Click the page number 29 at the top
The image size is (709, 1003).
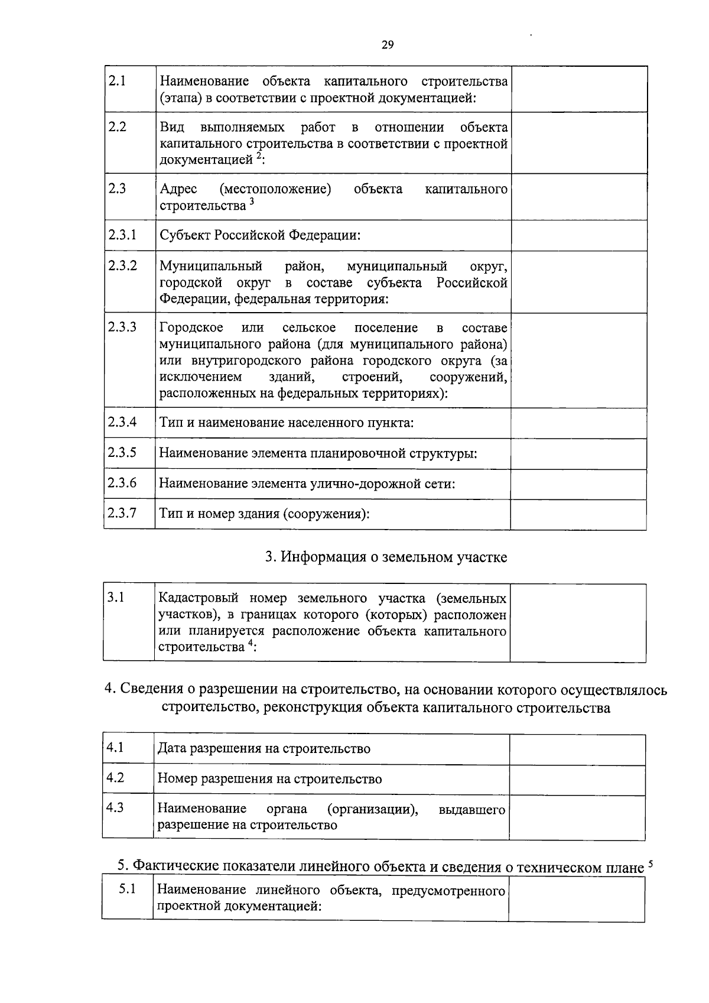388,46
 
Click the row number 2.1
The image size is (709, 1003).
118,81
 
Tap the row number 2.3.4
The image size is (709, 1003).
122,422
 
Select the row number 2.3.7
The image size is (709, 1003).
122,512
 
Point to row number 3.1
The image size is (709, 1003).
116,598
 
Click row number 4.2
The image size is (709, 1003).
115,778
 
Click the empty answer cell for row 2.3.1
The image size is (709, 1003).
578,235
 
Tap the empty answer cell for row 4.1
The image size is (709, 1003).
577,749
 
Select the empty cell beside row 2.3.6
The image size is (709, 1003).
578,484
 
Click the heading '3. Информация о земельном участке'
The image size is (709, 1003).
385,557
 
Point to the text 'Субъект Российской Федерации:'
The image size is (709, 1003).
260,235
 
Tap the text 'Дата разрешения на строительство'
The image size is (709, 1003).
264,749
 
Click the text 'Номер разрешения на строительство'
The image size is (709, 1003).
270,779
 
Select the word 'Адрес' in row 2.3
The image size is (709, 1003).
178,189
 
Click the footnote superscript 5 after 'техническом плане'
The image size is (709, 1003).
650,864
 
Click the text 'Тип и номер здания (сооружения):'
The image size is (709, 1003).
264,513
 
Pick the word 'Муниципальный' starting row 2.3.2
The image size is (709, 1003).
211,267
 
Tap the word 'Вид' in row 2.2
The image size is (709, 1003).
172,128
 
